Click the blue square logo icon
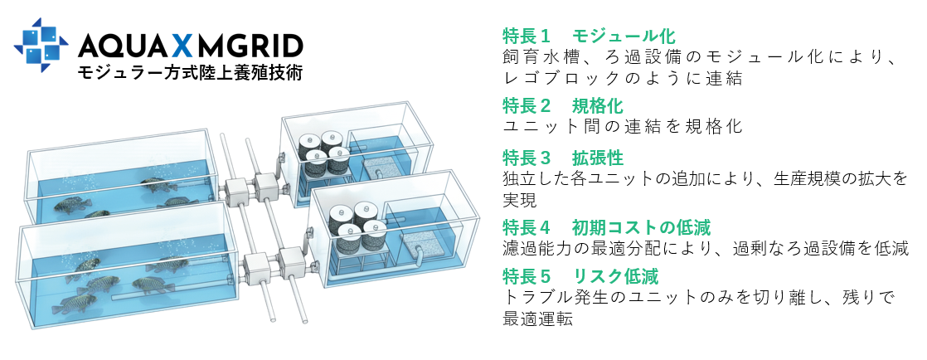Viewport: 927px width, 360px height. [41, 44]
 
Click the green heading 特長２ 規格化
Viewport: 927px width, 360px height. [562, 106]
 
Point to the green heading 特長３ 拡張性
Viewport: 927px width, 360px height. [562, 158]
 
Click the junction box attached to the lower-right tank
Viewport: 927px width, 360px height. [291, 263]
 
